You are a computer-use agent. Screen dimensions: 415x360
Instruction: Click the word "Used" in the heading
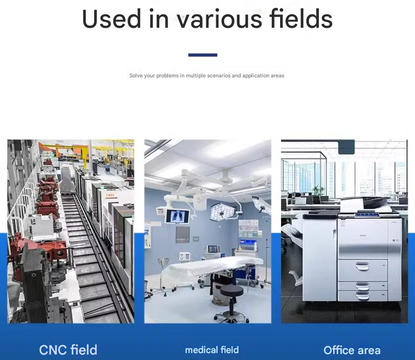[112, 18]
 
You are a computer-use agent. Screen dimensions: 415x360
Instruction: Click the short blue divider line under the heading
[203, 55]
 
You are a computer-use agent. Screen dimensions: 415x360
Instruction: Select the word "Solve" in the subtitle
[136, 75]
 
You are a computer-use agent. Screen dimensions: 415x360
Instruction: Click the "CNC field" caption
[68, 350]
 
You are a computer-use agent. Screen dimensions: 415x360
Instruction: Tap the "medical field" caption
[212, 350]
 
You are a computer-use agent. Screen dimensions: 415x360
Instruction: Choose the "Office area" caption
[352, 350]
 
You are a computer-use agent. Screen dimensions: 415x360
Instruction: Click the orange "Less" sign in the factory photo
[110, 195]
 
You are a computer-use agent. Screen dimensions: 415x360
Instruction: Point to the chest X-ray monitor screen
[178, 216]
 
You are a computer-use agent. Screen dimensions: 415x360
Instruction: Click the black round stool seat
[232, 291]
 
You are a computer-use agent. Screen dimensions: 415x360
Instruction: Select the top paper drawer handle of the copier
[362, 266]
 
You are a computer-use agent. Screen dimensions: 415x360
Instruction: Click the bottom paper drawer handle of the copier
[362, 296]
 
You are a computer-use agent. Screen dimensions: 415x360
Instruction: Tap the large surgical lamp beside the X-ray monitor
[223, 212]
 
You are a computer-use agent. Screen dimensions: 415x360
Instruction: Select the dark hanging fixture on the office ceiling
[346, 147]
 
